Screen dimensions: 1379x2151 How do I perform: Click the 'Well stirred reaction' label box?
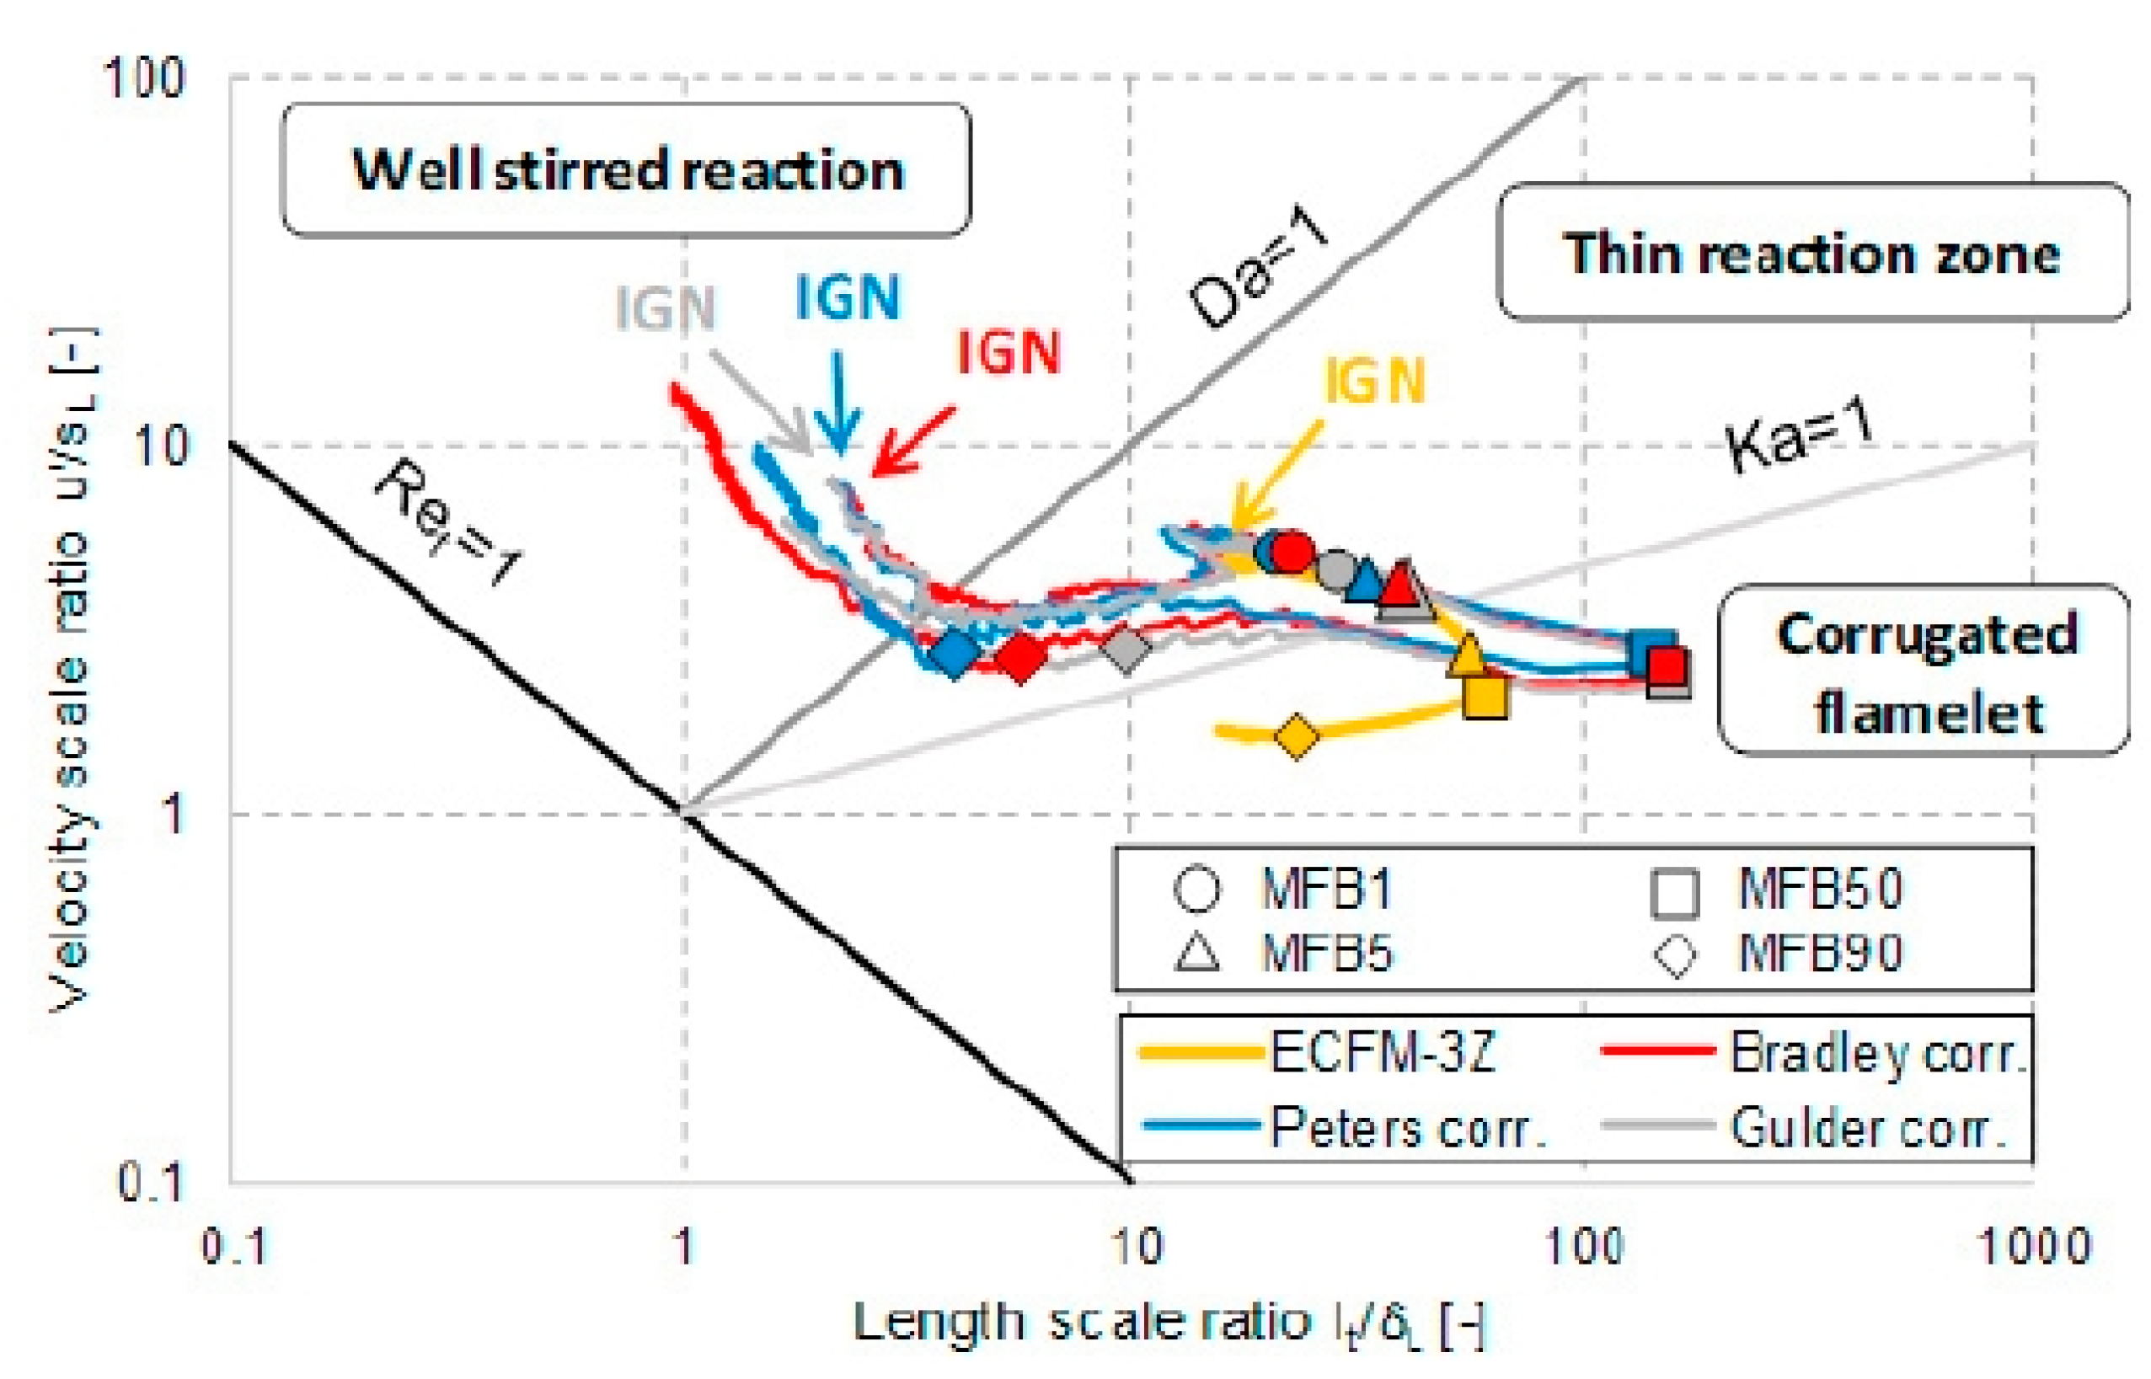[x=626, y=169]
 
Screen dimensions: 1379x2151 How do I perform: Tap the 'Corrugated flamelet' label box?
[x=1924, y=671]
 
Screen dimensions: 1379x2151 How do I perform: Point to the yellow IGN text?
[x=1373, y=381]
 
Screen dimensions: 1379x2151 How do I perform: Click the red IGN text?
[x=1009, y=352]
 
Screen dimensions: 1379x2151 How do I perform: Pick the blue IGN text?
[x=847, y=297]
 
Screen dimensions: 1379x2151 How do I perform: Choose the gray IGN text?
[x=666, y=308]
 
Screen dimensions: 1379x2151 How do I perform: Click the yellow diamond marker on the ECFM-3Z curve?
[x=1296, y=736]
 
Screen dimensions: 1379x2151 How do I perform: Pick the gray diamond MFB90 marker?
[x=1126, y=648]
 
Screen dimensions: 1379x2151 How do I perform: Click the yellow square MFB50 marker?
[x=1485, y=695]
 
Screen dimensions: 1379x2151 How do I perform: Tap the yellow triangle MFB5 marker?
[x=1467, y=655]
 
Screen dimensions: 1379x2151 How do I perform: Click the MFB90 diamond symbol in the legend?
[x=1676, y=955]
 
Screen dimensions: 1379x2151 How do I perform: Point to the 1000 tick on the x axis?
[x=2034, y=1246]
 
